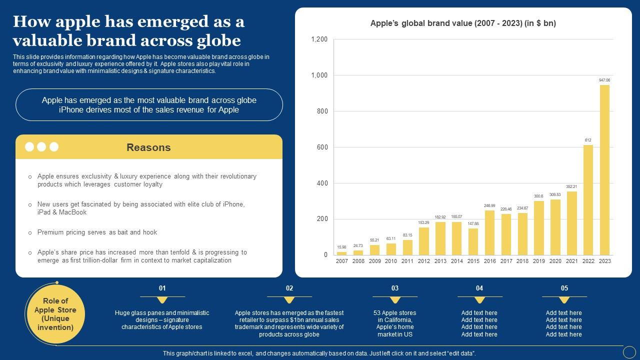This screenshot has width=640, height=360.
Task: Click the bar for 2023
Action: (604, 170)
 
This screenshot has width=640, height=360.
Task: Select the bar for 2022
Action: (588, 200)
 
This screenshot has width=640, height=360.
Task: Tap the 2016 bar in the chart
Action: (489, 232)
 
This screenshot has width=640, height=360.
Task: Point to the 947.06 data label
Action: (604, 80)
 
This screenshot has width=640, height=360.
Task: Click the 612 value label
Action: (588, 140)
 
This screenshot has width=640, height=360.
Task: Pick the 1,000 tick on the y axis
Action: (319, 75)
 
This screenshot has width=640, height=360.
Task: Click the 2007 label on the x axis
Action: (342, 261)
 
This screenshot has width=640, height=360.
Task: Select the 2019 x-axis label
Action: (538, 261)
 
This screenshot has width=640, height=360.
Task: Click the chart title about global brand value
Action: (463, 23)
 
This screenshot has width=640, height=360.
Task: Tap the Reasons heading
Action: (148, 147)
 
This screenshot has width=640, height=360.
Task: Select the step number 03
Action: (395, 288)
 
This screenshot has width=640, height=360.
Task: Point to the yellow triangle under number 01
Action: (162, 300)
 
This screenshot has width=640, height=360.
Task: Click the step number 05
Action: (564, 288)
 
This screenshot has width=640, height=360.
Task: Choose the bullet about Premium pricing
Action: (97, 232)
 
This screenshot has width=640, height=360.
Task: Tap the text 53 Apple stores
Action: (394, 313)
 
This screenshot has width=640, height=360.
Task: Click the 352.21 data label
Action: (571, 186)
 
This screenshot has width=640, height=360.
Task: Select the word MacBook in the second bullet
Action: (73, 212)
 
